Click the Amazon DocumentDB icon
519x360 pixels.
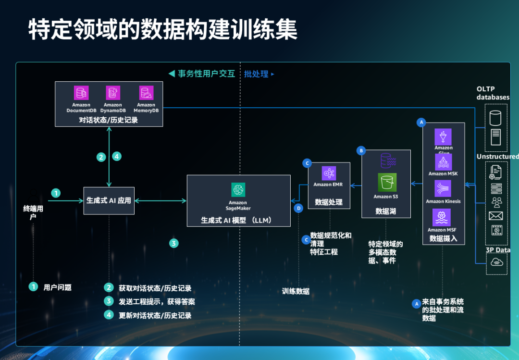pos(81,93)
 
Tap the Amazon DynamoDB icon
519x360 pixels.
pos(113,93)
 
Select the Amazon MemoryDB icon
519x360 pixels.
pos(146,93)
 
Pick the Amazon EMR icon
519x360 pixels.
pos(329,173)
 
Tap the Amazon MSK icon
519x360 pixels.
pos(443,162)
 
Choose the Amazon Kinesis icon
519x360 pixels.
pos(443,188)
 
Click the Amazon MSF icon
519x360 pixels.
pos(442,217)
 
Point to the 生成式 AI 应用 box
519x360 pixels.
pos(109,200)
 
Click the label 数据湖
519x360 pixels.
pos(385,211)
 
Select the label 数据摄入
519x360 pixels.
pos(443,238)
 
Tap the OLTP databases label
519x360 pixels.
pos(493,93)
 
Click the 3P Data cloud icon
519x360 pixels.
pos(496,262)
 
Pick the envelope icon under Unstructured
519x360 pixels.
pos(496,216)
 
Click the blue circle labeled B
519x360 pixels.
pos(361,150)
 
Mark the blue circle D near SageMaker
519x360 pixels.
pos(298,208)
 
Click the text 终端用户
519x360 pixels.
pos(33,212)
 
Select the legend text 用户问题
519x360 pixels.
pos(57,287)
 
